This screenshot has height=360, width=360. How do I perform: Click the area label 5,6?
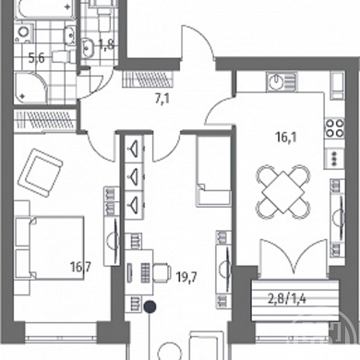click(x=37, y=58)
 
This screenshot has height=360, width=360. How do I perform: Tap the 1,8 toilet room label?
click(x=106, y=44)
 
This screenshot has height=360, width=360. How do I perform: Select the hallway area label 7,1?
click(x=162, y=100)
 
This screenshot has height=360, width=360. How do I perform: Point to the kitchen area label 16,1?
click(x=286, y=138)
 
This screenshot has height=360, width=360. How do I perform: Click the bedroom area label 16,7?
click(x=80, y=267)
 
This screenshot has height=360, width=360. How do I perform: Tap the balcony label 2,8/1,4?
click(x=287, y=299)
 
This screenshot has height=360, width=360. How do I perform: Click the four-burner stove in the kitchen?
click(x=334, y=128)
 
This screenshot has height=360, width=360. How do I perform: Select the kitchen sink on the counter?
click(x=282, y=82)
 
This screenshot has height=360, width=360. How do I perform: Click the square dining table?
click(x=282, y=192)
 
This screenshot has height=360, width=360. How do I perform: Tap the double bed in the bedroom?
click(x=49, y=247)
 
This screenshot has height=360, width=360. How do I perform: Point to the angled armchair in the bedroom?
click(x=41, y=173)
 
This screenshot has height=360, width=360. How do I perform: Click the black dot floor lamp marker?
click(x=150, y=306)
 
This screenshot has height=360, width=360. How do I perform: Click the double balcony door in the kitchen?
click(x=293, y=258)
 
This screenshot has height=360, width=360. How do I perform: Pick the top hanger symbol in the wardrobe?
click(x=134, y=149)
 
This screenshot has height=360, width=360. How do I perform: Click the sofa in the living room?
click(x=214, y=171)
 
